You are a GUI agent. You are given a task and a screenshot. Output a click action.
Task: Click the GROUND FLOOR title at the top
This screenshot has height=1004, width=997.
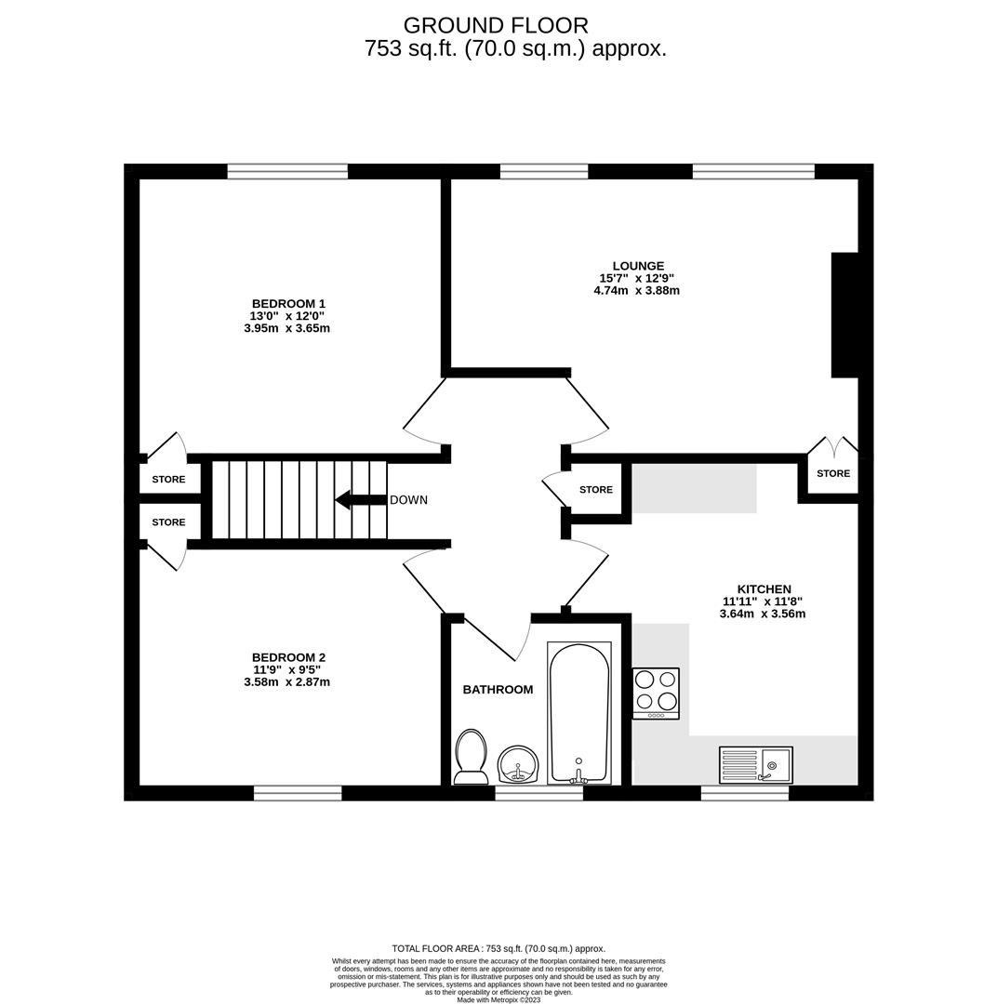(x=496, y=26)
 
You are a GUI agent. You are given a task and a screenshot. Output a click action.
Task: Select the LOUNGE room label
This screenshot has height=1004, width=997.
(x=638, y=266)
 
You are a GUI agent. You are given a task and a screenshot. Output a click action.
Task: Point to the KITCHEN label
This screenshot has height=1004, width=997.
(x=764, y=589)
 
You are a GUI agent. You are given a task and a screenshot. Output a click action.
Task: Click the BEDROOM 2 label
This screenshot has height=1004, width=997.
(x=288, y=657)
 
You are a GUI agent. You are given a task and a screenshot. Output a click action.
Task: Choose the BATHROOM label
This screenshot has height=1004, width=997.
(x=498, y=690)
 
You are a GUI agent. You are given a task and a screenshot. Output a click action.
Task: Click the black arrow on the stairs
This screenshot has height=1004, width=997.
(x=361, y=499)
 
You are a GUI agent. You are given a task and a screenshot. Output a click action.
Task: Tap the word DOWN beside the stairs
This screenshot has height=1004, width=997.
(x=408, y=500)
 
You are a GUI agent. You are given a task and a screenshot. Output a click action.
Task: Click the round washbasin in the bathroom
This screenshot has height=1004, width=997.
(x=520, y=764)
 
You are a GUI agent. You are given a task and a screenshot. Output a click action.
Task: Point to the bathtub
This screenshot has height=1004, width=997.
(x=579, y=713)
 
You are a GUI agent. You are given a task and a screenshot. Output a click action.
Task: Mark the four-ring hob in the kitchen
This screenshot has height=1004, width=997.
(x=656, y=694)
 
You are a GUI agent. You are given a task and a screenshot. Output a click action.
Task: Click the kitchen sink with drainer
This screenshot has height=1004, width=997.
(x=756, y=765)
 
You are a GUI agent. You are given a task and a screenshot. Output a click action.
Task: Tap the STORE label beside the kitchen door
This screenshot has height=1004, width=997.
(x=596, y=490)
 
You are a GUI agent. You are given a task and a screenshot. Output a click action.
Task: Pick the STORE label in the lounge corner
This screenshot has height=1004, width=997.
(x=833, y=473)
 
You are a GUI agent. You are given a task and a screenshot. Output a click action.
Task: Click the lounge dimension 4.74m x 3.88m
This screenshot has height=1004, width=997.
(x=636, y=290)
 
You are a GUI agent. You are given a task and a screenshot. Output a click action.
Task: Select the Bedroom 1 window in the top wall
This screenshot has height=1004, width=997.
(x=287, y=171)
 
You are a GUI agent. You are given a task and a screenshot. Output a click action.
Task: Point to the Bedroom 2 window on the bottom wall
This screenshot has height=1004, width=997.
(x=298, y=794)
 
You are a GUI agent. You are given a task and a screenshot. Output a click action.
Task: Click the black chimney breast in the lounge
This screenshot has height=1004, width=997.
(x=844, y=315)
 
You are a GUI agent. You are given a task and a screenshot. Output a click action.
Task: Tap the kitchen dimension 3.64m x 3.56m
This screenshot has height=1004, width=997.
(x=763, y=614)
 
